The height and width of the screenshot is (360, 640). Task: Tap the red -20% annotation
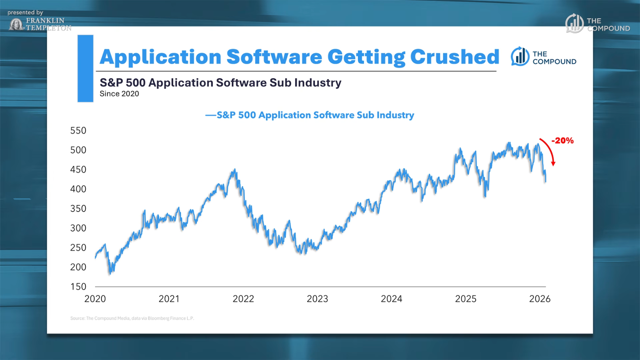tap(562, 141)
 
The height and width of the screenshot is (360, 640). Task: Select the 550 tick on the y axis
tap(78, 131)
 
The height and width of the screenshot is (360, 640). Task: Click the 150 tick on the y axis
tap(78, 287)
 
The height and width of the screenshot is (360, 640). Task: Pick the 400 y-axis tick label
tap(78, 189)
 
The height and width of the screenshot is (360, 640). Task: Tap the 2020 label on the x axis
tap(95, 299)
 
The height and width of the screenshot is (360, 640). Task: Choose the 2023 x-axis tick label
tap(317, 299)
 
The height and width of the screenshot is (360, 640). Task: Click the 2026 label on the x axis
tap(539, 299)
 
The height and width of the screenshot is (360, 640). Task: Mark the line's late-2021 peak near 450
tap(235, 170)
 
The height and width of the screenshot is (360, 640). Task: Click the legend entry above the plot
tap(310, 115)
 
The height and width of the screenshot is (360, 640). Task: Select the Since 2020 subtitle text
tap(119, 94)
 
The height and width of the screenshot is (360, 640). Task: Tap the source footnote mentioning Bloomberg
tap(132, 318)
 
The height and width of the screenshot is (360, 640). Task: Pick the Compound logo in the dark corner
tap(597, 24)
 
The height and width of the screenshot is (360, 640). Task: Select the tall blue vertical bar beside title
tap(85, 68)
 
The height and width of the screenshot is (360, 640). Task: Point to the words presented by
tap(25, 13)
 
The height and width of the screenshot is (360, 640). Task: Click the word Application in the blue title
tap(161, 57)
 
